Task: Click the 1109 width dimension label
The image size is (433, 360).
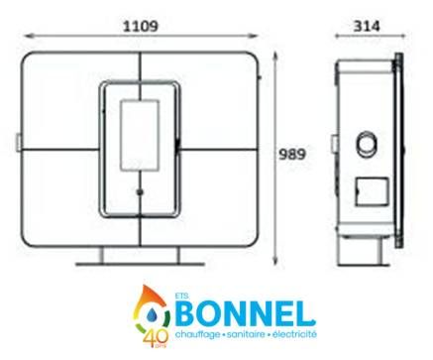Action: pyautogui.click(x=141, y=26)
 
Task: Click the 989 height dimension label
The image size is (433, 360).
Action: pyautogui.click(x=292, y=155)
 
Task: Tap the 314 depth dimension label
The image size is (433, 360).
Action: pyautogui.click(x=367, y=26)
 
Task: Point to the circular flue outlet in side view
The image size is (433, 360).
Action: pyautogui.click(x=366, y=144)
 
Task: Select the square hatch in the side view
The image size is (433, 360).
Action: pyautogui.click(x=372, y=191)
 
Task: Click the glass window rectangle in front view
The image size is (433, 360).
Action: pyautogui.click(x=140, y=135)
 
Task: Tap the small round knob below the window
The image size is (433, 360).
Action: pyautogui.click(x=140, y=191)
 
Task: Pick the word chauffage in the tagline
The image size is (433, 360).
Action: pyautogui.click(x=197, y=334)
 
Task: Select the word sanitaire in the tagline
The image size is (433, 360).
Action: pyautogui.click(x=245, y=334)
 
